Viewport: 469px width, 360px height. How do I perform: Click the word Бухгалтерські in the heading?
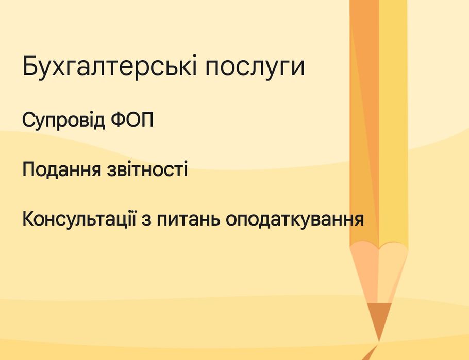(x=109, y=65)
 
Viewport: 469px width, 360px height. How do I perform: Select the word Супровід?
(x=64, y=120)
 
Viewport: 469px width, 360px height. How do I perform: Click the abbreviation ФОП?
(x=132, y=119)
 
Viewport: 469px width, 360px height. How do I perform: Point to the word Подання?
(x=62, y=169)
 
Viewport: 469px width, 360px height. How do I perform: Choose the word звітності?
(x=147, y=169)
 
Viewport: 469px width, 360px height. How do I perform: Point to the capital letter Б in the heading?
(x=31, y=65)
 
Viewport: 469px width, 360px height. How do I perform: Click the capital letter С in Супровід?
(x=29, y=119)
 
